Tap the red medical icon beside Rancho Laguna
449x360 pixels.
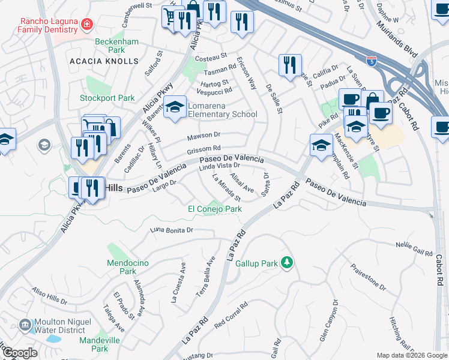pos(87,24)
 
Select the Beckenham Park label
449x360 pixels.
pos(118,47)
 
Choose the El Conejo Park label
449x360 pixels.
pos(215,209)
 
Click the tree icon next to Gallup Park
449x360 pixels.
pos(287,263)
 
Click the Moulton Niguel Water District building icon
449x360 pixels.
pos(25,325)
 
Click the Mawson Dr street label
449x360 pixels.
pos(204,135)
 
